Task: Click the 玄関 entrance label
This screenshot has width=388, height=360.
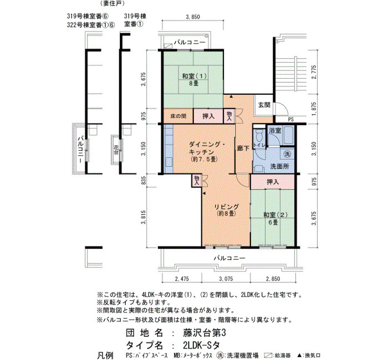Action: coord(264,105)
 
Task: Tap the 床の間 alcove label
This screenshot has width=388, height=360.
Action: coord(178,116)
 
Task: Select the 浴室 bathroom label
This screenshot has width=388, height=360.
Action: coord(275,130)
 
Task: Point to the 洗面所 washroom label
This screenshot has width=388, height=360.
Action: coord(279,166)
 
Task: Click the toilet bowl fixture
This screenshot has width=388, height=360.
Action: coord(259,135)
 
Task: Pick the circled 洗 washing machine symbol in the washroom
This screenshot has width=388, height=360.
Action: coord(287,155)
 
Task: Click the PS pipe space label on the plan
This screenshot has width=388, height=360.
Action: coord(291,120)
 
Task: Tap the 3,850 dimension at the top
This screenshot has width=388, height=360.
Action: coord(192,17)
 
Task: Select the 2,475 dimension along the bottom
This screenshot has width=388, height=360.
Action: coord(182,279)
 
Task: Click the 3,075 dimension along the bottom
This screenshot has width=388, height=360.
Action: coord(226,279)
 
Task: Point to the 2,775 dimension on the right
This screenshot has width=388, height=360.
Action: coord(314,72)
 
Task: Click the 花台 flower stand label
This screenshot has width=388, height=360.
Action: coord(116,150)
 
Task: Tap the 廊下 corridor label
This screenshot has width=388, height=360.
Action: coord(243,148)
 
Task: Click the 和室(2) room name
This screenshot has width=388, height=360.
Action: coord(275,215)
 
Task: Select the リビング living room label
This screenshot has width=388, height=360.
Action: coord(226,207)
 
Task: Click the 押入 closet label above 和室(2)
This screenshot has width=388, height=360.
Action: coord(273,182)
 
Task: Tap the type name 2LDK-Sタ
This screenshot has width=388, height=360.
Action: coord(201,345)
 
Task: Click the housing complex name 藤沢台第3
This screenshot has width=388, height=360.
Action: coord(205,333)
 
